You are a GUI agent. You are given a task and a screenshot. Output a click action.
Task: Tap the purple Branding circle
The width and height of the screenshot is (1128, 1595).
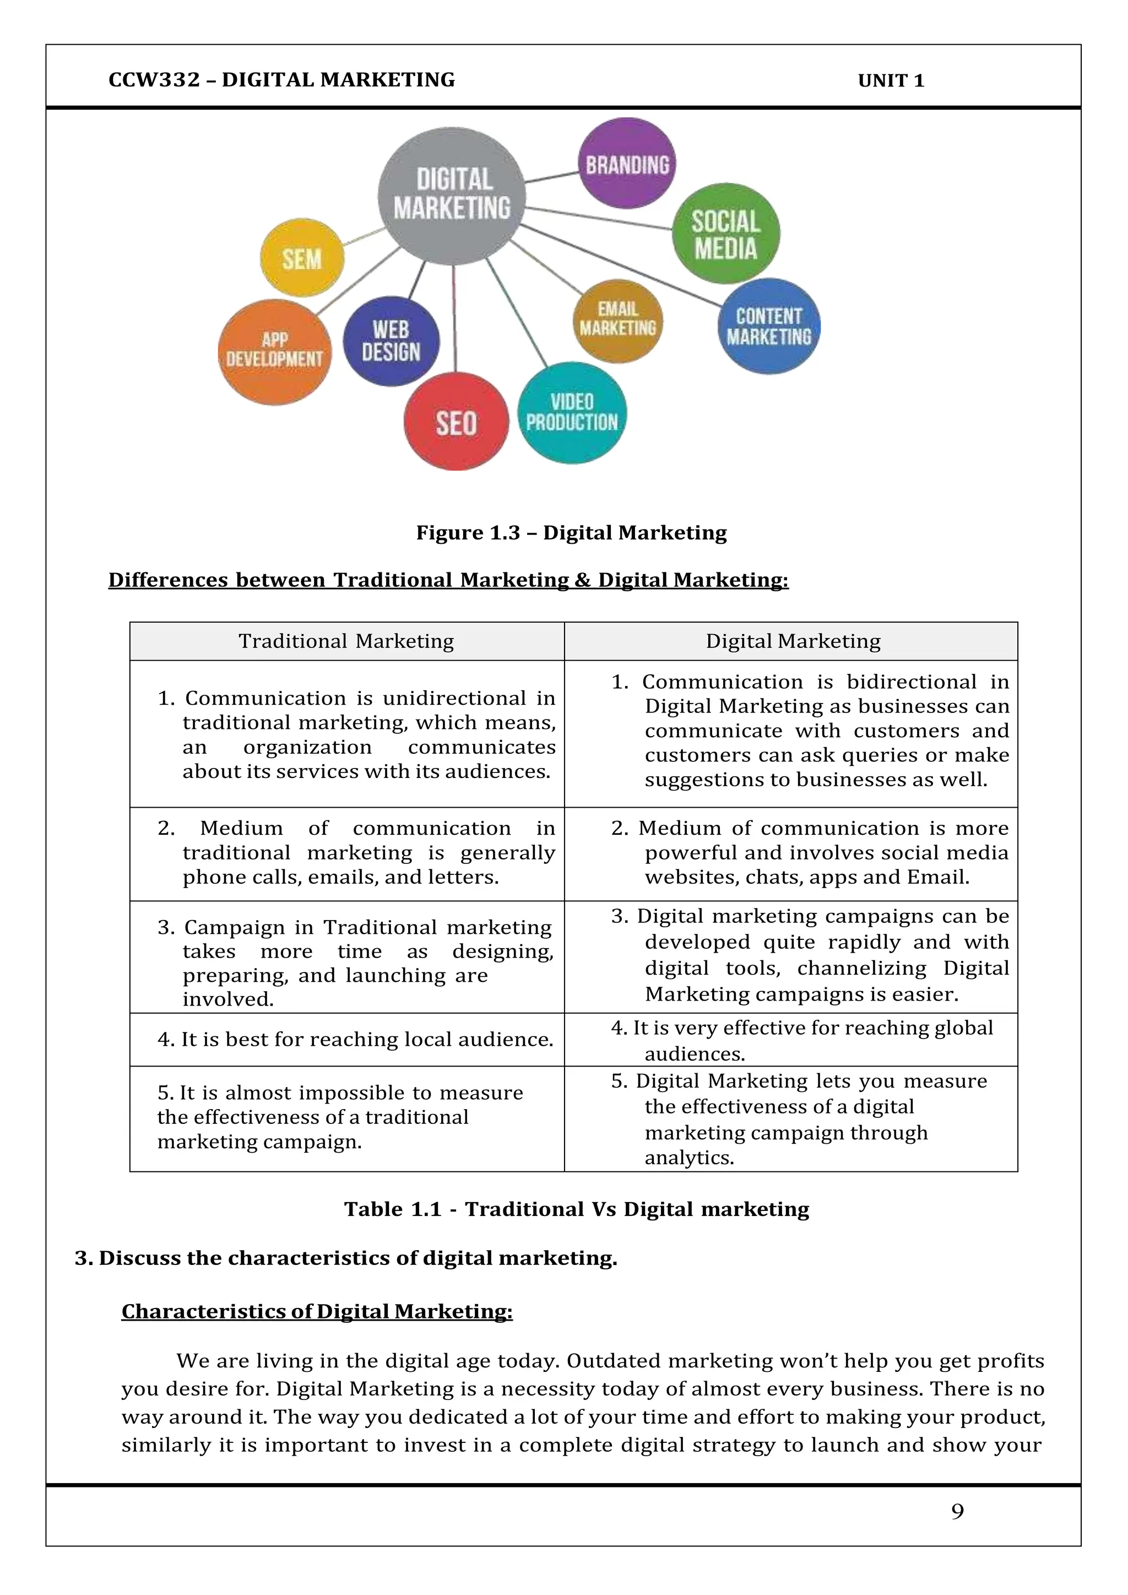626,164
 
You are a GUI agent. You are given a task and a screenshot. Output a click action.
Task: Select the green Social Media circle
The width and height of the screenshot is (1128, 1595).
725,234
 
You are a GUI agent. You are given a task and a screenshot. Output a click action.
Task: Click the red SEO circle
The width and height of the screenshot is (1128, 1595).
457,421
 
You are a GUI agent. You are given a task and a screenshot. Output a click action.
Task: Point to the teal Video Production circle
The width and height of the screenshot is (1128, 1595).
572,413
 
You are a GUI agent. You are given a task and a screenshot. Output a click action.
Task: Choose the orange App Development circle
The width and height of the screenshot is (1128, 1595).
274,351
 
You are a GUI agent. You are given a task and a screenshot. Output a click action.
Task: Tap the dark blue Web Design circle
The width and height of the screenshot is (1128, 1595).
391,341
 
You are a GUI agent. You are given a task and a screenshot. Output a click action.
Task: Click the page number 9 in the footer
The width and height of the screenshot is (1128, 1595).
957,1511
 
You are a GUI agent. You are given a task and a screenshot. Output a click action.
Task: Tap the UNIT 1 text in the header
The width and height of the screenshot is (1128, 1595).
891,80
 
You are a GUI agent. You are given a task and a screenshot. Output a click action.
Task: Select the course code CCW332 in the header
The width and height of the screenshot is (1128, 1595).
154,80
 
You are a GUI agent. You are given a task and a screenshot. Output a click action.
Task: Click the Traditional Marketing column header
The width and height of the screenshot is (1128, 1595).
346,641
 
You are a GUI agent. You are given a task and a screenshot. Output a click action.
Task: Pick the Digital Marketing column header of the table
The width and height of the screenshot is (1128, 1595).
793,641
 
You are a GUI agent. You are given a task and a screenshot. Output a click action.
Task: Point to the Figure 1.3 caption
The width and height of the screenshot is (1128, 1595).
571,533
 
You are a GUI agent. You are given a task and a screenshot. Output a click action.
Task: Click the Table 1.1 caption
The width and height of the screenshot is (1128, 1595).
577,1209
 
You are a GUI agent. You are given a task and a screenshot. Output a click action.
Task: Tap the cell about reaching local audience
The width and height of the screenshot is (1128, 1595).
355,1039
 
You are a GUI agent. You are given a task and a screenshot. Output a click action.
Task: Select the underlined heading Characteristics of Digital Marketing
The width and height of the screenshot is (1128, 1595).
317,1311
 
